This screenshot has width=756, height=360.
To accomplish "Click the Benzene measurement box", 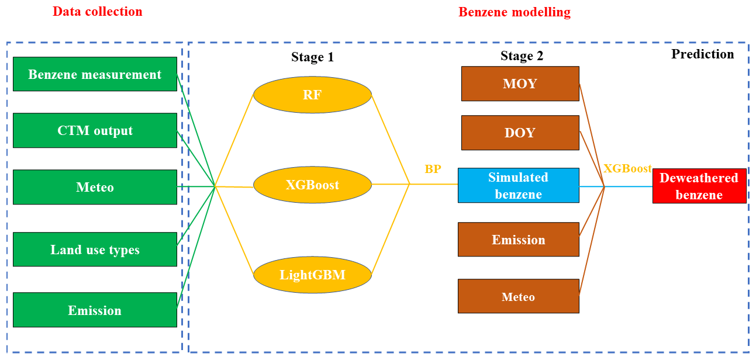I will click(x=95, y=74).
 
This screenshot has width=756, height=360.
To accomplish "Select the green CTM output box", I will click(x=95, y=130).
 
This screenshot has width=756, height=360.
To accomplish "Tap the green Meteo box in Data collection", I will click(x=95, y=187).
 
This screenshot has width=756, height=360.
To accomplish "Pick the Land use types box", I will click(x=95, y=250).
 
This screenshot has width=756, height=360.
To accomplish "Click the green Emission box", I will click(x=95, y=310).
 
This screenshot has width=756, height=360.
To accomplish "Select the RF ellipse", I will click(x=312, y=94).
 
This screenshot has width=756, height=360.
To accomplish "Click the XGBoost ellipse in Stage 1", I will click(x=312, y=185).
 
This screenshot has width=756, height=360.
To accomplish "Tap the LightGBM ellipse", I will click(x=312, y=274).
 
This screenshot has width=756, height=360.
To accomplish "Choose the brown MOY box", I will click(x=520, y=84).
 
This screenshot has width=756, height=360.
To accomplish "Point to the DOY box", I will click(x=520, y=133).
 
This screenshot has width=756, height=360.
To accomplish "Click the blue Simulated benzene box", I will click(x=518, y=185).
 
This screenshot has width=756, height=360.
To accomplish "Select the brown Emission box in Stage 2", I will click(x=518, y=240).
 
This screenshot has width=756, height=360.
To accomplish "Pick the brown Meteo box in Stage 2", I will click(x=518, y=296).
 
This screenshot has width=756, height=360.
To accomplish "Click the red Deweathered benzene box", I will click(x=699, y=186).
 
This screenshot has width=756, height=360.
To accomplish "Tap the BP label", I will click(x=433, y=169).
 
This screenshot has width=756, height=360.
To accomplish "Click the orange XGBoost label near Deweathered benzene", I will click(x=627, y=168).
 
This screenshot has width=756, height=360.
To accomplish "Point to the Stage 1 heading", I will click(x=312, y=57).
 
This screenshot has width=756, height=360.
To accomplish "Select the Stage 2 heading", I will click(x=522, y=56).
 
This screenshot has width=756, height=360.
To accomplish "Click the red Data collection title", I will click(x=98, y=11).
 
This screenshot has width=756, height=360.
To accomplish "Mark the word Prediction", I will click(x=702, y=54).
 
